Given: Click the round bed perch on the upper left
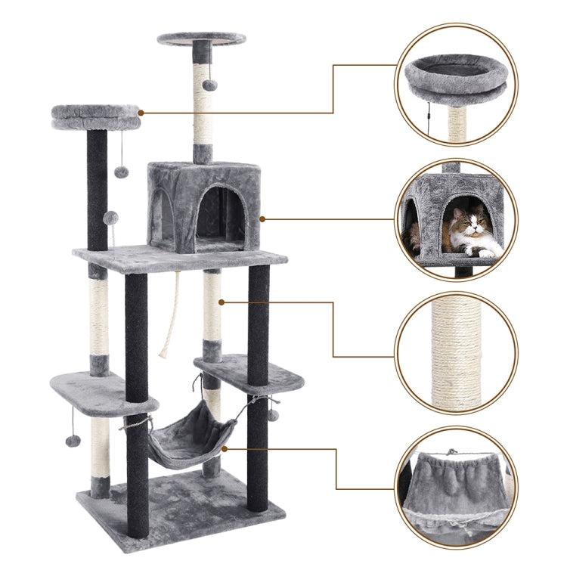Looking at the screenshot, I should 95,116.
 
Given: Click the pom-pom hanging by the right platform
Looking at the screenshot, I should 273,414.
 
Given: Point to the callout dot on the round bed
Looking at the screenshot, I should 141,113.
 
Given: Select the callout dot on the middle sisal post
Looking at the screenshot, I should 222,302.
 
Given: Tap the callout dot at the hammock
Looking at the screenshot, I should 225,448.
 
